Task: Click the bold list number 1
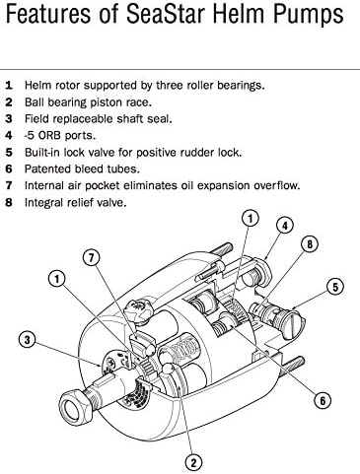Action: point(9,85)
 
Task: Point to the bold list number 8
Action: point(9,203)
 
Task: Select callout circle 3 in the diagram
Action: point(29,341)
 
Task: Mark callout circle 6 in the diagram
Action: point(322,400)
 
